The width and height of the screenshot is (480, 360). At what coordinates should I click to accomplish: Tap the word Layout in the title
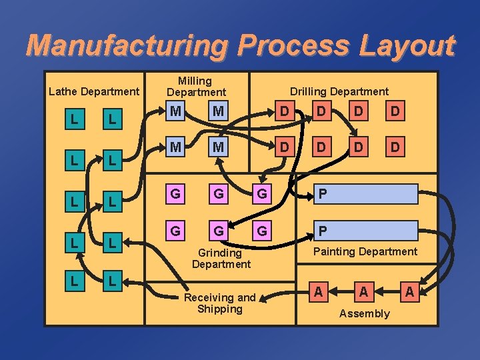tap(407, 45)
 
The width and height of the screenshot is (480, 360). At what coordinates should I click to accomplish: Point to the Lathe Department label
tap(94, 91)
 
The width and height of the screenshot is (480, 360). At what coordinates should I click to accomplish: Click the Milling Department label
tap(195, 86)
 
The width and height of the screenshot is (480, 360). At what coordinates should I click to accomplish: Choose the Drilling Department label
tap(339, 91)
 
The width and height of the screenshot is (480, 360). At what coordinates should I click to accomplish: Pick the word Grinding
tap(220, 253)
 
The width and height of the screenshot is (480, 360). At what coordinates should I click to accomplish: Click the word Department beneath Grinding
tap(221, 264)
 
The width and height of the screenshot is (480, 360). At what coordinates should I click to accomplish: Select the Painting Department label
tap(365, 251)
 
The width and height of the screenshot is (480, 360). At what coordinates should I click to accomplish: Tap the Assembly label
tap(364, 313)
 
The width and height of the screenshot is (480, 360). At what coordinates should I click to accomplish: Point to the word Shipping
tap(220, 309)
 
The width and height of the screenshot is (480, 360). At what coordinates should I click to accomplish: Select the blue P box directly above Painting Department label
tap(367, 231)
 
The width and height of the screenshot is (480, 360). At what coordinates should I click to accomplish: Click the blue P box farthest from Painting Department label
tap(367, 193)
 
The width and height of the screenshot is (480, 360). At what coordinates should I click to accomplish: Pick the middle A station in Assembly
tap(364, 291)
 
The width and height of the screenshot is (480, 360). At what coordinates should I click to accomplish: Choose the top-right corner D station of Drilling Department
tap(395, 111)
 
